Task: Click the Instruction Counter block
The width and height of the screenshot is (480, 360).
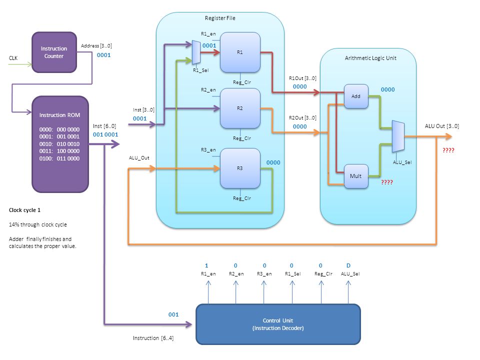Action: (54, 52)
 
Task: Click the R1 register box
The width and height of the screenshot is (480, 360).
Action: (240, 52)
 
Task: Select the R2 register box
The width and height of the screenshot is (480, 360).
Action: (240, 108)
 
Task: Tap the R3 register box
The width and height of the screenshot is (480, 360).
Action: (240, 168)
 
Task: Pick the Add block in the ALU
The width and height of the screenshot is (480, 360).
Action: (356, 96)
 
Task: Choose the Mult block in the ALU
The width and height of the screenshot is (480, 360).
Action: (356, 176)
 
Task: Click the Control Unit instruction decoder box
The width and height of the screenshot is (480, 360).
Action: (278, 324)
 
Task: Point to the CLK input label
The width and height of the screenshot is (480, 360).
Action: (13, 58)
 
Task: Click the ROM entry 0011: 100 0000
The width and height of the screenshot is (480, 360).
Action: (59, 151)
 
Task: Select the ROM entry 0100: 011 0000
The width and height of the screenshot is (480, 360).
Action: (59, 158)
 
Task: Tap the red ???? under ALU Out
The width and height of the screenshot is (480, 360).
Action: (448, 150)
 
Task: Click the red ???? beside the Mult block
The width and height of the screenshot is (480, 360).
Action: (387, 182)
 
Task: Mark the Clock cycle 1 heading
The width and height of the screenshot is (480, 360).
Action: (24, 210)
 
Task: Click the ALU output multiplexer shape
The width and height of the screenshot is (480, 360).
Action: (398, 136)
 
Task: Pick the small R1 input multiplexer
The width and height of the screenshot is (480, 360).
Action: (196, 52)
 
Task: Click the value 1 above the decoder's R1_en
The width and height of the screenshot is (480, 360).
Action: (206, 265)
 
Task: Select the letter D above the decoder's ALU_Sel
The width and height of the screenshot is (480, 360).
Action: (348, 265)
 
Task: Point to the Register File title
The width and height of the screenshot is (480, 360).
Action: (220, 18)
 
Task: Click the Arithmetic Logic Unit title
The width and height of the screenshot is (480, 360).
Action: (370, 58)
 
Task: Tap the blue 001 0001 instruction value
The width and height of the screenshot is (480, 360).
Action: (105, 134)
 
